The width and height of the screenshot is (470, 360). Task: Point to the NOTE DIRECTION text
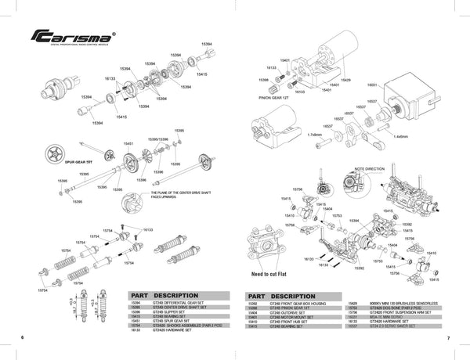[x=371, y=168]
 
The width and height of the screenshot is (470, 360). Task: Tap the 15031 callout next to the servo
[x=372, y=84]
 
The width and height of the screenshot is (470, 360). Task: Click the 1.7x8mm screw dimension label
[x=315, y=135]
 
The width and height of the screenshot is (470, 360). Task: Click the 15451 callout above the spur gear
[x=128, y=144]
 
